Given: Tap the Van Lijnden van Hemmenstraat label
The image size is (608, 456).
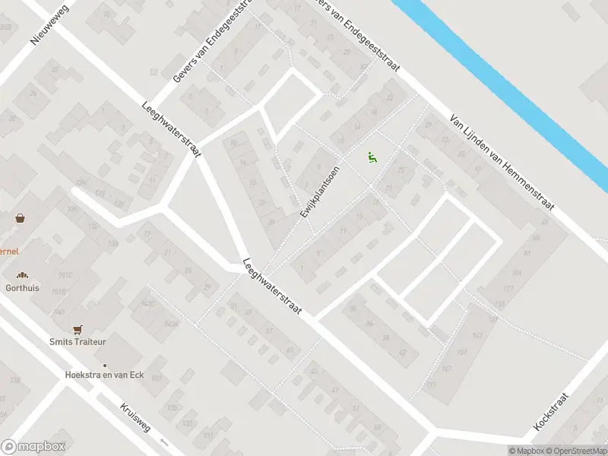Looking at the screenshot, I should coord(502,163).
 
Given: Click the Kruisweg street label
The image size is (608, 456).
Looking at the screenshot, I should coord(135,417).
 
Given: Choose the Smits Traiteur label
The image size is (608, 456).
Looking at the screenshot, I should coord(78,342).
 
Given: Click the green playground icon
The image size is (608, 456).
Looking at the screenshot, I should coord(372,157).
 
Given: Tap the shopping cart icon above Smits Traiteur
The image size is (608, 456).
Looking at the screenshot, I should coord(77,329).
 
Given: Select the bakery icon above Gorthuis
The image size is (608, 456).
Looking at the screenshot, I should coord(23,276).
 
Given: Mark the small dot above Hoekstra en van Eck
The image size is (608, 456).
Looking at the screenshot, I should coord(105,365).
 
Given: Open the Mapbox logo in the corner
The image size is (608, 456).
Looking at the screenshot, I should coord(33,447).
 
